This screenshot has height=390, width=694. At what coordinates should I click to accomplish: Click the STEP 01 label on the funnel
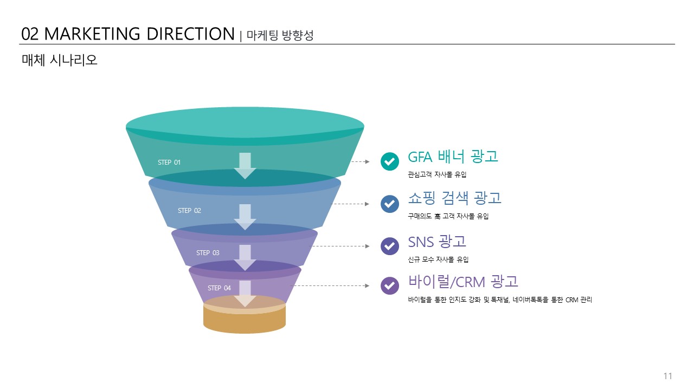pos(169,162)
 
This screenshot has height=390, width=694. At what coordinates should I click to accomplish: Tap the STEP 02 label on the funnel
pos(189,211)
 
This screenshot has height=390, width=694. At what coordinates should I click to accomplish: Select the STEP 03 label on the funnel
pos(208,253)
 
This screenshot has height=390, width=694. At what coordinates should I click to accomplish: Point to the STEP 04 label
pos(219,288)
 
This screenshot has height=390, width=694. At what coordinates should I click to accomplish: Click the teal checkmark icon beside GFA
pos(389,161)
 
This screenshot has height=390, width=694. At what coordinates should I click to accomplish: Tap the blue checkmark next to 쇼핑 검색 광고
pos(389,204)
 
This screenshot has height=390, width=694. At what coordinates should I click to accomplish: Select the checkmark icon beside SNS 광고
pos(389,246)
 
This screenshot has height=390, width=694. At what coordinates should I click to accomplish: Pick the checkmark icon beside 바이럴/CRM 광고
pos(389,285)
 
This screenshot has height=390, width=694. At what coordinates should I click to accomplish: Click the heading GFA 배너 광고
pos(453,157)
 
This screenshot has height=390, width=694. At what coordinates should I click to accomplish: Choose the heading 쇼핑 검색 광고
pos(454,198)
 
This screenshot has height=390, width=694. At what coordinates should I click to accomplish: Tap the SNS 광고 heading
pos(437,242)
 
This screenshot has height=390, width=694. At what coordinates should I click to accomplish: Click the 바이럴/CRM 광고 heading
pos(463,281)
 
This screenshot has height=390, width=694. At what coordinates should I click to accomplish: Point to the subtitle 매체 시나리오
pos(60,60)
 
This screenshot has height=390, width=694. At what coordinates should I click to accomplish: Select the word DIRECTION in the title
pos(190,34)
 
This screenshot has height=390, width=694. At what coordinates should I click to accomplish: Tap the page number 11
pos(667,376)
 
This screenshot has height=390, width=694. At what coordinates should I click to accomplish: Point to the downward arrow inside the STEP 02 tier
pos(245,217)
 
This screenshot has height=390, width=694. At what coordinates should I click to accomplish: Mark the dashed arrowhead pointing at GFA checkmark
pos(367,161)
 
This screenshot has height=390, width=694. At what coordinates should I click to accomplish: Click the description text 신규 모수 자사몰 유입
pos(438,259)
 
